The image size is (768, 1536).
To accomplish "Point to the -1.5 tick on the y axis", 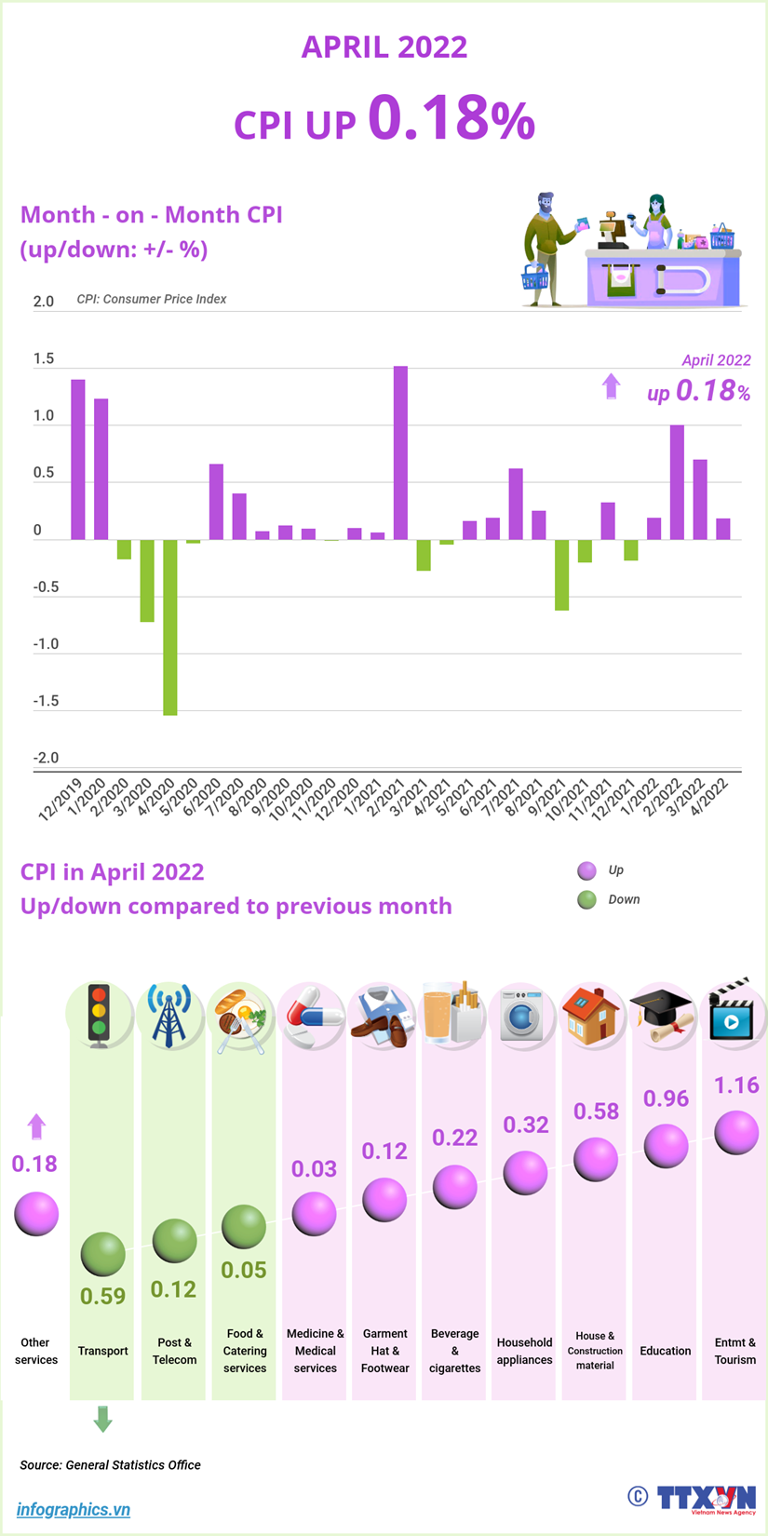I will (x=46, y=701).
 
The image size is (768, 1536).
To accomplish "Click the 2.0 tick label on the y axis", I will (x=44, y=302).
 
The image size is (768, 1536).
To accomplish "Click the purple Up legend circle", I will (x=586, y=871).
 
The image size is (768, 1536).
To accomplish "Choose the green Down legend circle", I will (x=586, y=900).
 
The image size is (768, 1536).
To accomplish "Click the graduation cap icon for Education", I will (x=662, y=1015).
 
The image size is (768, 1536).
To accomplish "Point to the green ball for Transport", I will (x=102, y=1254).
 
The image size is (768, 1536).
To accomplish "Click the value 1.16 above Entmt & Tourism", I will (x=736, y=1085).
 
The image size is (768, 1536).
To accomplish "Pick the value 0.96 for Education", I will (x=667, y=1099).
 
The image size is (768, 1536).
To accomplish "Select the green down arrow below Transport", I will (x=102, y=1420).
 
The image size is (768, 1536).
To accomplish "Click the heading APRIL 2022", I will (x=384, y=47).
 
